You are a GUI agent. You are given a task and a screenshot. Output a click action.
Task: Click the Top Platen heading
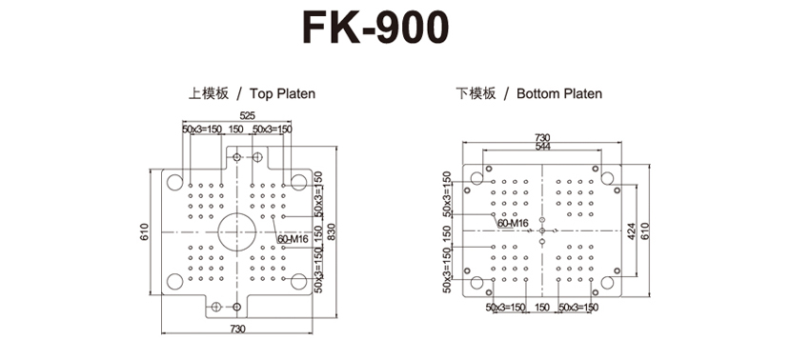coord(282,93)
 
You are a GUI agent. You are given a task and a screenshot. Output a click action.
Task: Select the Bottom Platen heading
coord(559,93)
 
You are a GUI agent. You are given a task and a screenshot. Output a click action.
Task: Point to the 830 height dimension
coord(332,233)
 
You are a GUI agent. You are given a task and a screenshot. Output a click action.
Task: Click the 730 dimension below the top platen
coord(237,328)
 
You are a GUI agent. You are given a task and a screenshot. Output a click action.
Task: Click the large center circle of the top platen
coord(237,232)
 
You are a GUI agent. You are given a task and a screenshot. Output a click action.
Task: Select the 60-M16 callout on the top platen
coord(293,239)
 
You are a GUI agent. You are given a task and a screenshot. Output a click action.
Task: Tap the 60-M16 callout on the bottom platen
coord(513,223)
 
